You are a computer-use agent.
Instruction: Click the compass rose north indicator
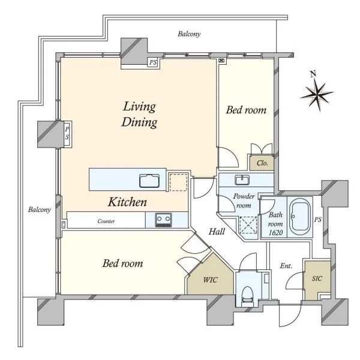(317, 92)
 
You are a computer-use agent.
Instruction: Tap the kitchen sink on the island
(149, 181)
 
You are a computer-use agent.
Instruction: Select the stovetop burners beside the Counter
(163, 220)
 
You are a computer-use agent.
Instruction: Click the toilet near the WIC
(247, 296)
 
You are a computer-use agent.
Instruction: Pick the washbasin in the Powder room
(242, 180)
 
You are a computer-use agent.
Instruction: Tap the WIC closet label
(210, 280)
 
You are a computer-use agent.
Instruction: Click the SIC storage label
(317, 278)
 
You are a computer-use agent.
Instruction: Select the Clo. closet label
(262, 163)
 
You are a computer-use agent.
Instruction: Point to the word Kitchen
(127, 202)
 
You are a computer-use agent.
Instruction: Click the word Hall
(217, 232)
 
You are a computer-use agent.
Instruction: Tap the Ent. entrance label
(286, 266)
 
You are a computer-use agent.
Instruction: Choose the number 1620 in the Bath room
(275, 233)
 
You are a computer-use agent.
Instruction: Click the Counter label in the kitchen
(106, 221)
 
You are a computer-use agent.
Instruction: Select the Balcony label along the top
(189, 34)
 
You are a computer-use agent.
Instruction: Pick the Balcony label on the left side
(39, 209)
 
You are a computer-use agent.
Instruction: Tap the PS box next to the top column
(153, 62)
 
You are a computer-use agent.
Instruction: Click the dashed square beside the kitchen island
(178, 182)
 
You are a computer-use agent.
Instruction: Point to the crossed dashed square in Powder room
(248, 225)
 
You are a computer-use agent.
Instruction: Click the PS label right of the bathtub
(318, 220)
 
